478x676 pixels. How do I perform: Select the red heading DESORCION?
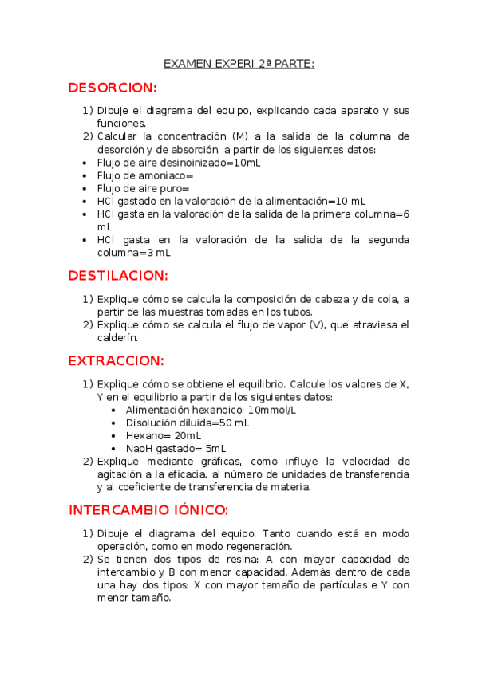pyautogui.click(x=113, y=88)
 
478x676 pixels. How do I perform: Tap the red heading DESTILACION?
pyautogui.click(x=118, y=276)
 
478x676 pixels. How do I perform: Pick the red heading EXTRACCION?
pyautogui.click(x=117, y=361)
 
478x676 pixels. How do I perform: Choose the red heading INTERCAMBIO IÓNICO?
pyautogui.click(x=149, y=510)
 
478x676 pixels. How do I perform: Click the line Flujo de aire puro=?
pyautogui.click(x=143, y=188)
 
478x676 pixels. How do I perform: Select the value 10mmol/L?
pyautogui.click(x=272, y=410)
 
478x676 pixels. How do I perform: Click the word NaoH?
pyautogui.click(x=140, y=448)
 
